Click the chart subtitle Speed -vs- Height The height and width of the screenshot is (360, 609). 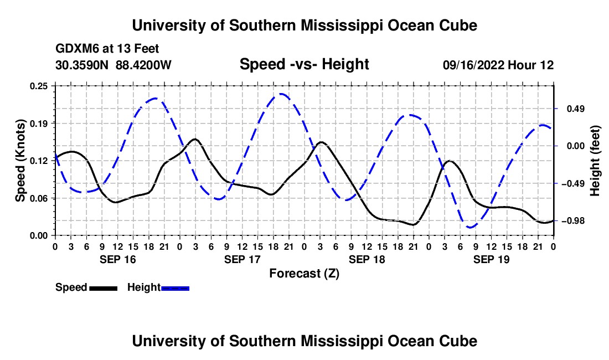tap(304, 64)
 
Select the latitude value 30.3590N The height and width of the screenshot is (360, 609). tap(82, 65)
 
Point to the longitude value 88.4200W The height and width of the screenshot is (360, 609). tap(143, 65)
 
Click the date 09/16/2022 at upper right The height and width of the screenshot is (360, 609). tap(473, 65)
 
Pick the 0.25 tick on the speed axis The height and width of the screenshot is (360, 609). tap(38, 86)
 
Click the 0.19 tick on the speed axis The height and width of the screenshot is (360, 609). tap(38, 124)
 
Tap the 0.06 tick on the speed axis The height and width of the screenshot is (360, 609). tap(38, 198)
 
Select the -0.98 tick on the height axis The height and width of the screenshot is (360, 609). tap(572, 220)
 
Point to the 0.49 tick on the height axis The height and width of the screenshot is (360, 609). tap(576, 109)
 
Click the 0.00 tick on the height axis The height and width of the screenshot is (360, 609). tap(576, 146)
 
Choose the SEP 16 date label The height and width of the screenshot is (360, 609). tap(118, 259)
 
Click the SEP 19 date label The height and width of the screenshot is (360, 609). tap(491, 259)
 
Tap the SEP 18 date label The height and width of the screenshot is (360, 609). tap(367, 259)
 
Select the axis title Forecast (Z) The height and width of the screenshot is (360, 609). tap(304, 274)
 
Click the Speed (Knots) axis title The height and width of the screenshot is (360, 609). tap(20, 161)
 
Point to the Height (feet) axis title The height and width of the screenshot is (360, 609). tap(595, 161)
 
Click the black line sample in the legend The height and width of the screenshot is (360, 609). tap(104, 288)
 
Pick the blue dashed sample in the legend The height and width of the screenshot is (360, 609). tap(175, 288)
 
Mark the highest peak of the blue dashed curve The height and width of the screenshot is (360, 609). tap(281, 94)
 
